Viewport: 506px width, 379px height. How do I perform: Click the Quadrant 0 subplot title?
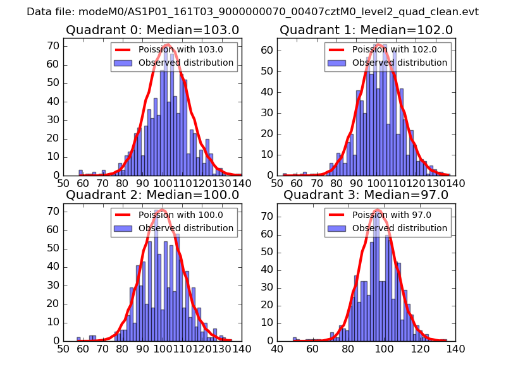(x=152, y=30)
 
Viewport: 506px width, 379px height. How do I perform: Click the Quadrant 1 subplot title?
(x=366, y=30)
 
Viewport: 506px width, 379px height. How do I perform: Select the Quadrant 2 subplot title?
(x=152, y=195)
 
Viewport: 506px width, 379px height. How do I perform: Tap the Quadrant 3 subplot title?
(x=366, y=195)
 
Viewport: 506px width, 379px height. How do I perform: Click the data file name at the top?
(x=253, y=11)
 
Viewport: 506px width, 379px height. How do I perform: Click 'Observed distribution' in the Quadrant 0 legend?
(x=186, y=63)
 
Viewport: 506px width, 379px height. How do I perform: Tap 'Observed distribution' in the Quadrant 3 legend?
(x=400, y=228)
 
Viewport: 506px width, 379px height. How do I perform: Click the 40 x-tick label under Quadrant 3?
(x=277, y=349)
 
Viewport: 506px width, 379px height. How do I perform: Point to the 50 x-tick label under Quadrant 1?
(x=277, y=184)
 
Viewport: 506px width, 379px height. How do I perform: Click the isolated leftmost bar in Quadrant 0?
(x=81, y=172)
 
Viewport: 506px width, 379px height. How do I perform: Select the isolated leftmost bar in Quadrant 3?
(x=295, y=339)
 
